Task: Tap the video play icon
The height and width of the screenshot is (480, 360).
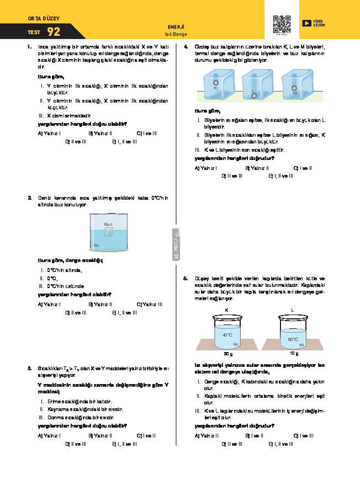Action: [306, 23]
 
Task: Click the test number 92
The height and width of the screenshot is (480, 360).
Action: [54, 31]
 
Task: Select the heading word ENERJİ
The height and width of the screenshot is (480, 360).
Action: [175, 26]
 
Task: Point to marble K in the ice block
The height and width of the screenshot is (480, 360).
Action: [215, 83]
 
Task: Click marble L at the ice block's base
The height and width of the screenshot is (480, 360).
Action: [254, 95]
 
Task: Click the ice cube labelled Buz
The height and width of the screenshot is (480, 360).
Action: [109, 231]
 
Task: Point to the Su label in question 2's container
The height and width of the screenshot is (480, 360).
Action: [96, 244]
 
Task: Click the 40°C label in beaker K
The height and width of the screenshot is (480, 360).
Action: [227, 335]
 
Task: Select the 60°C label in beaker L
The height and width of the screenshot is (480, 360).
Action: [293, 339]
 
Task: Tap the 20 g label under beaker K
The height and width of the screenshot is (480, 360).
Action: [227, 354]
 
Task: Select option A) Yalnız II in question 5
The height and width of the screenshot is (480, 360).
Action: [205, 435]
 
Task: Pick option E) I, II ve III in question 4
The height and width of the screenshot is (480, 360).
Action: [280, 176]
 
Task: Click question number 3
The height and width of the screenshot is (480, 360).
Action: [29, 367]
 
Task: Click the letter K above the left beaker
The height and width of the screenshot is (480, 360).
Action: [227, 310]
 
